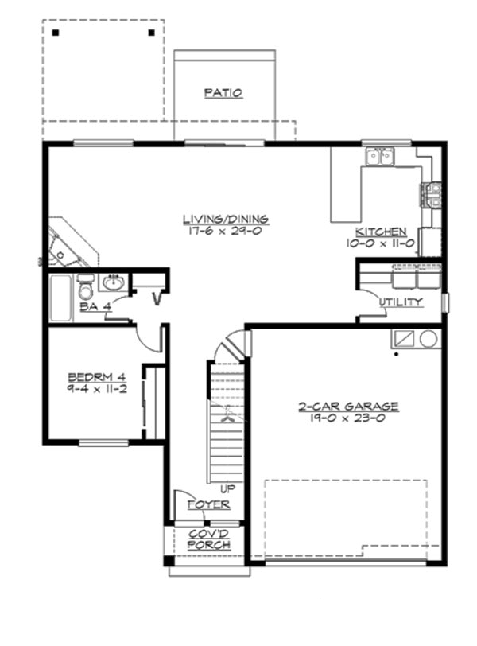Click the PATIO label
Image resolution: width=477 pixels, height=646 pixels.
coord(223,93)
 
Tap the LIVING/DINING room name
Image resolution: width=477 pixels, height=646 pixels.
coord(225,219)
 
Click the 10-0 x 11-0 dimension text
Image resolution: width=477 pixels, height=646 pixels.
coord(380,244)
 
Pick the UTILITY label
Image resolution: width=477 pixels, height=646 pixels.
coord(401,302)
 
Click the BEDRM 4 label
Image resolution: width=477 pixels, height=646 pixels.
coord(95,376)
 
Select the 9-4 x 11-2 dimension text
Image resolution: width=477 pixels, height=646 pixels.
coord(95,389)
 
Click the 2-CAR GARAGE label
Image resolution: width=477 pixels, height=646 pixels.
coord(348,406)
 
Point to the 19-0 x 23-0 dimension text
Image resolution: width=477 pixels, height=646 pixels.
coord(348,418)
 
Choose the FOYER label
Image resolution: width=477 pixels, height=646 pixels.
coord(208,505)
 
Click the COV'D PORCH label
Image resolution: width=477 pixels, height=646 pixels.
coord(209,539)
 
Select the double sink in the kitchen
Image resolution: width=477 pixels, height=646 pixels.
coord(379,157)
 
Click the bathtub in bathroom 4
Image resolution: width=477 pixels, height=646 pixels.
coord(61,298)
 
